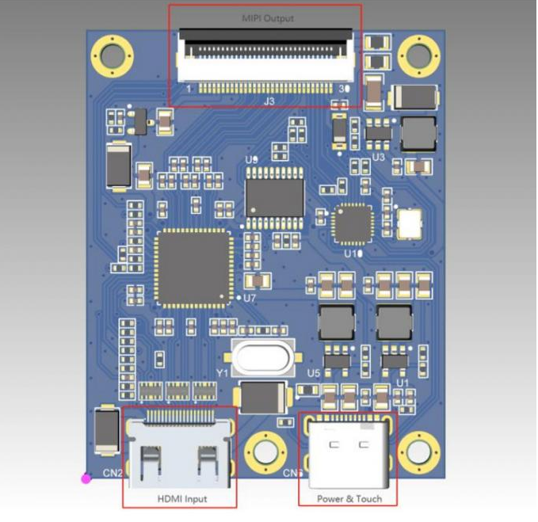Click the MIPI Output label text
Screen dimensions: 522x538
point(266,17)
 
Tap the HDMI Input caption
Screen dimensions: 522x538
point(181,498)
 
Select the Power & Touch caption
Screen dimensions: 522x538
point(349,498)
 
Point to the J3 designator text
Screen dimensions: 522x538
point(269,101)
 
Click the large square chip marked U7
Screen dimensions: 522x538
point(195,266)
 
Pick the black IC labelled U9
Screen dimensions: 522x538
point(275,195)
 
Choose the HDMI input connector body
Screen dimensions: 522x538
point(179,455)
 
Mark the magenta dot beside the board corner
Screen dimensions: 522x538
point(86,478)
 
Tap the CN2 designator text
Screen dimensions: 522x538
point(113,474)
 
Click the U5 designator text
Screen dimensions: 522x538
point(314,373)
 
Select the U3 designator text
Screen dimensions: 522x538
point(378,158)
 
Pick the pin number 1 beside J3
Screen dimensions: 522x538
point(188,90)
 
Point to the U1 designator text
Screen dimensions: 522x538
point(403,383)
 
